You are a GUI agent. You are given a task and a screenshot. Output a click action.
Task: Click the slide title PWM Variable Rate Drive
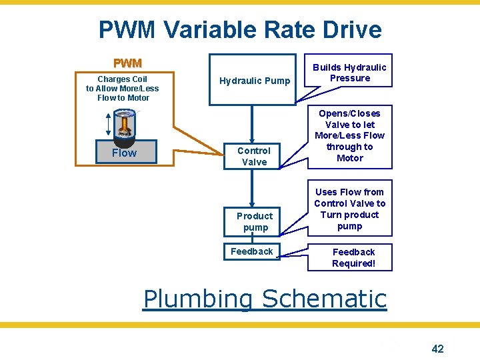[x=240, y=30]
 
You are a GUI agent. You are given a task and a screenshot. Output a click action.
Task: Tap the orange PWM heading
[x=127, y=63]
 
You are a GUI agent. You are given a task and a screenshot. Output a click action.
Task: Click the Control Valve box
[x=254, y=156]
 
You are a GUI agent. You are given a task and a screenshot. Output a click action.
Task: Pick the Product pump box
[x=255, y=221]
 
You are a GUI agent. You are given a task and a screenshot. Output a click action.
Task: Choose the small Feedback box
[x=251, y=251]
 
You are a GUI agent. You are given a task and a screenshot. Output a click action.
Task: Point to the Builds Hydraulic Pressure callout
[x=350, y=73]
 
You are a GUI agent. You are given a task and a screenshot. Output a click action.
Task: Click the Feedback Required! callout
[x=353, y=257]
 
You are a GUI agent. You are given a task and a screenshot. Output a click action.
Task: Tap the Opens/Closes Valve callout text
[x=349, y=136]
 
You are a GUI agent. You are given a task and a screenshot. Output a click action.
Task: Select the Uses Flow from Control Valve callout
[x=349, y=209]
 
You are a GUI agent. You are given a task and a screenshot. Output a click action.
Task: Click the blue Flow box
[x=124, y=153]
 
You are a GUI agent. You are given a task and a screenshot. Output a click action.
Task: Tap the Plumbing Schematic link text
[x=265, y=299]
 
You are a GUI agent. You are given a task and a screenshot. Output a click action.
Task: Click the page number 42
[x=437, y=348]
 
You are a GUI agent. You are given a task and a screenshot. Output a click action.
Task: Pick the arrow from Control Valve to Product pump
[x=252, y=190]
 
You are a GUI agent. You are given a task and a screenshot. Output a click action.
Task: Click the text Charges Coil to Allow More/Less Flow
[x=123, y=88]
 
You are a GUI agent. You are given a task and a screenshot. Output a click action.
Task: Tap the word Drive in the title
[x=349, y=30]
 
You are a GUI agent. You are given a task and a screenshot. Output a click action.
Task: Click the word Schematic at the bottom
[x=325, y=299]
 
